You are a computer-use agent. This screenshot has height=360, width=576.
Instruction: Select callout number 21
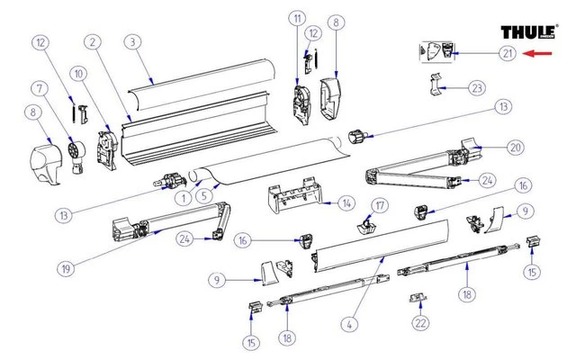tap(508, 54)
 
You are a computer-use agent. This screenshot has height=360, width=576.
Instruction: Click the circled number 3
tap(132, 41)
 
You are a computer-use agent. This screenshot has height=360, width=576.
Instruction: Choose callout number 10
tap(79, 72)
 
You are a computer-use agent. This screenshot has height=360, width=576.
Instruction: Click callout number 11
tap(296, 19)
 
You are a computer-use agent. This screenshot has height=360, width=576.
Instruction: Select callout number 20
tap(515, 147)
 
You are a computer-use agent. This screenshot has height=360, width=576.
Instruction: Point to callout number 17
tap(380, 206)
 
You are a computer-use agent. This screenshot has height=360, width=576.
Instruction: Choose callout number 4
tap(346, 320)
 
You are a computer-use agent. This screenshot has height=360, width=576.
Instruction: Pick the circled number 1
tap(184, 198)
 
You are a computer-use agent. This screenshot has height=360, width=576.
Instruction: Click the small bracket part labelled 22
tap(419, 296)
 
